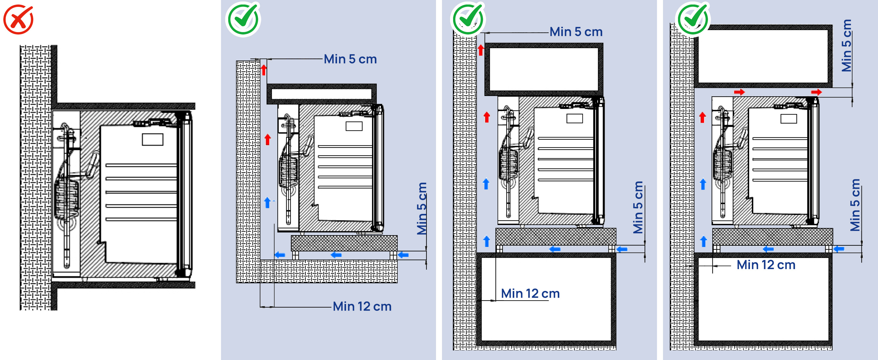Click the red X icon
[18, 19]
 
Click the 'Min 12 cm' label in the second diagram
[362, 306]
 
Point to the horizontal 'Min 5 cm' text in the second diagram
[350, 59]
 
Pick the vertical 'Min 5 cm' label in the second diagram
[422, 208]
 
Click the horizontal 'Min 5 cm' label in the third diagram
[576, 32]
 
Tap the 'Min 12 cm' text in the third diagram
[530, 293]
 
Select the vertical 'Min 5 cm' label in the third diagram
[638, 207]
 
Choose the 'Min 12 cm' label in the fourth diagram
[766, 265]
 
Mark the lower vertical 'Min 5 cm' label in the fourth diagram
[855, 205]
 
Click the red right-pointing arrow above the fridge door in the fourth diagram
[816, 92]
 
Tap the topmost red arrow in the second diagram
[264, 70]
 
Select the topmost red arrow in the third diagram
[481, 50]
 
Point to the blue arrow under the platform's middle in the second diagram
[336, 255]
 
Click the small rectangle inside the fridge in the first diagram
[152, 139]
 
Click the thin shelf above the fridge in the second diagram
[321, 94]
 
